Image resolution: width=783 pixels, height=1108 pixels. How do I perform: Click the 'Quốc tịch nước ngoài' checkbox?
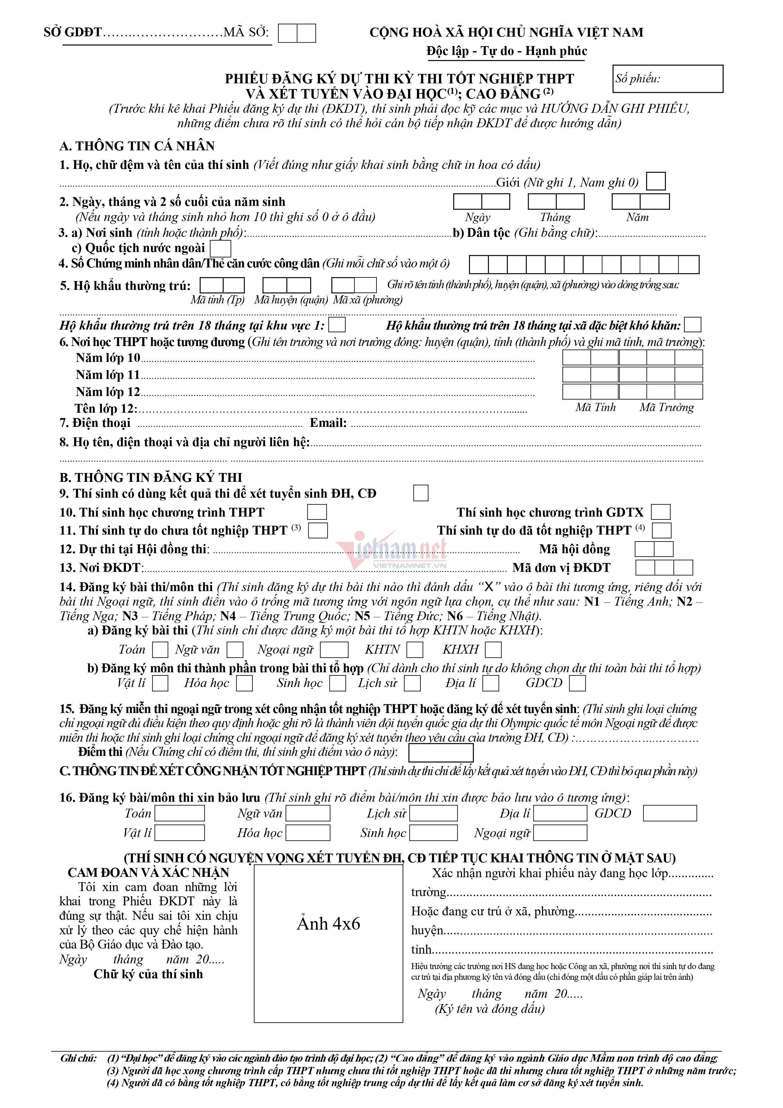point(221,249)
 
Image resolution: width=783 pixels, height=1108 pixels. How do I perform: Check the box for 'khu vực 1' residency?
point(337,324)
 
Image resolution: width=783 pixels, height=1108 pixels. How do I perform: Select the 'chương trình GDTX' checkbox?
point(661,512)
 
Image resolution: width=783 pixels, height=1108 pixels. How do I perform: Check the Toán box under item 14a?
point(160,650)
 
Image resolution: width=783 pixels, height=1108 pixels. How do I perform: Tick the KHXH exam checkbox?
point(493,650)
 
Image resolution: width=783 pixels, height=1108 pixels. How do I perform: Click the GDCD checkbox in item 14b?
point(578,683)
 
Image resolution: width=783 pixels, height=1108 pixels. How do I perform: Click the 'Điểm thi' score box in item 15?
point(441,753)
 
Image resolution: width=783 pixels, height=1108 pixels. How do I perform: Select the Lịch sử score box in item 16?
point(433,813)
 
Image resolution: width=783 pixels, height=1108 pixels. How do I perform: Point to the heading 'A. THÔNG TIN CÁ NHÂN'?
point(137,146)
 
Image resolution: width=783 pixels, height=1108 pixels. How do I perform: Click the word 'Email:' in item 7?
point(328,423)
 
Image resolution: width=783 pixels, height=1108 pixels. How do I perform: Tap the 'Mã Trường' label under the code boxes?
point(667,408)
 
